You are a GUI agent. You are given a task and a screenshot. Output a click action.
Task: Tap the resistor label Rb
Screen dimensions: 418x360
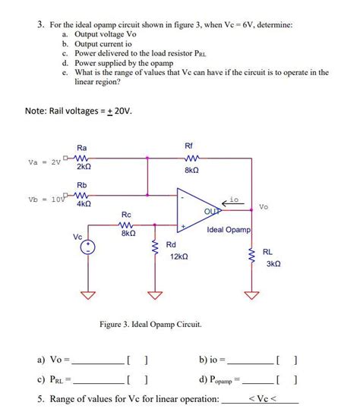tap(81, 184)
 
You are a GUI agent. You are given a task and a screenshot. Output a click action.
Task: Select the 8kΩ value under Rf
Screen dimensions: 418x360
tap(191, 171)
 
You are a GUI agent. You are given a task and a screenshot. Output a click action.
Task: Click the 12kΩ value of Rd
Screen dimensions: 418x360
tap(179, 257)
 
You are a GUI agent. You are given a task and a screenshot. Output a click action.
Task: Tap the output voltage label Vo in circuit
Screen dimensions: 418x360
tap(263, 206)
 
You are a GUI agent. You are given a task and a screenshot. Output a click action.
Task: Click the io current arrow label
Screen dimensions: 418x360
tap(234, 199)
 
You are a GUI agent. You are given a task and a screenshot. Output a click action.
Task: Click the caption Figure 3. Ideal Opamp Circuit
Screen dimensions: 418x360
tap(151, 325)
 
